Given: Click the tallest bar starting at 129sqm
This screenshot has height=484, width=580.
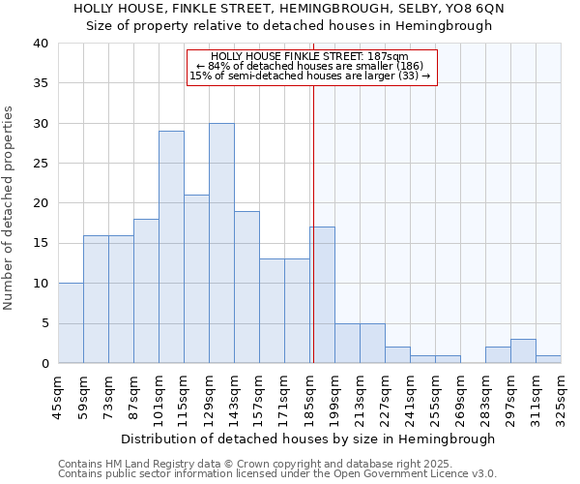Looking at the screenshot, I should coord(221,244).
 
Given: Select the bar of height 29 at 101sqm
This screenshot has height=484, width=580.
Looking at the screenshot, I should coord(171,248).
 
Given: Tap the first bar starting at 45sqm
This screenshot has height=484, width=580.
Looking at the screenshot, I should coord(71,323).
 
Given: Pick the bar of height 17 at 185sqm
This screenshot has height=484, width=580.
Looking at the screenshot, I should coord(322,295).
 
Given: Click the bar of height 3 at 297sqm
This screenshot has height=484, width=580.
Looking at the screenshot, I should coord(523,351).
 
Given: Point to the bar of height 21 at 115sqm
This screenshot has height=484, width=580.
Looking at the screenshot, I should coord(196,280).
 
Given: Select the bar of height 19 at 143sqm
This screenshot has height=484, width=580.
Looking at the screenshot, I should coord(246,287).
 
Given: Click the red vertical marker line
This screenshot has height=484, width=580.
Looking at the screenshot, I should coord(313,223).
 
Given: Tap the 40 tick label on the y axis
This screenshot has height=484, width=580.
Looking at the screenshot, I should coord(40,44).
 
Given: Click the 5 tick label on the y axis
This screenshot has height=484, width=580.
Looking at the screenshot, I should coord(44,323).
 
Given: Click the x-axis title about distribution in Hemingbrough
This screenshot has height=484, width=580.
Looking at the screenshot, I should coord(309,439).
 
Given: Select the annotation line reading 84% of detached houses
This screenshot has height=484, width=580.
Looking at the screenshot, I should coord(309,67).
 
